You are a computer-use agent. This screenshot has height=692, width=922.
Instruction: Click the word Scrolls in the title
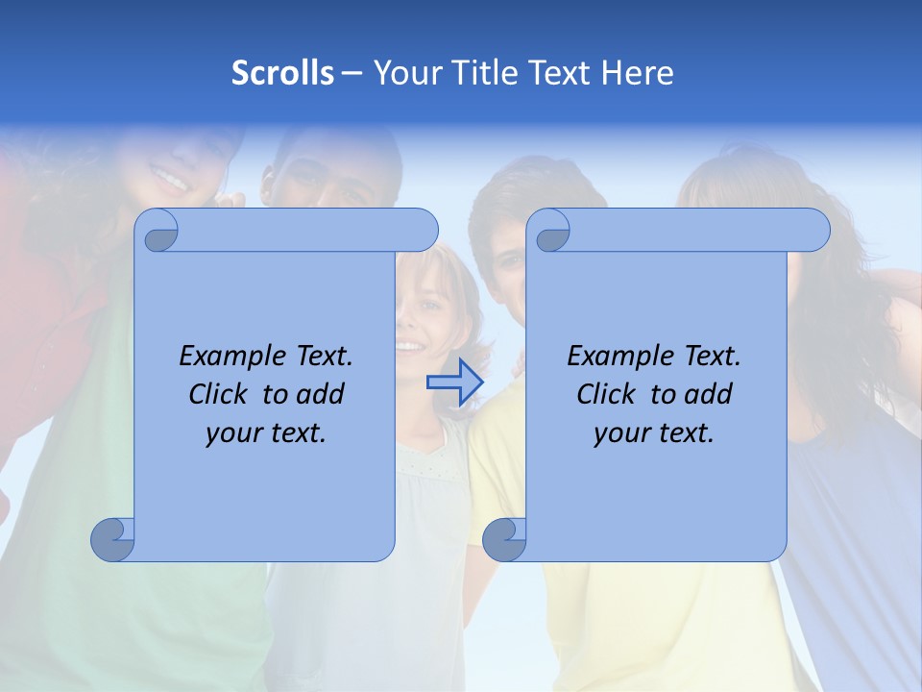(282, 73)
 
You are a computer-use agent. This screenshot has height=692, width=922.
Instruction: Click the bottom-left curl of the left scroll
(113, 540)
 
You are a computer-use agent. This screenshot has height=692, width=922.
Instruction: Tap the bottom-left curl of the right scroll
(504, 540)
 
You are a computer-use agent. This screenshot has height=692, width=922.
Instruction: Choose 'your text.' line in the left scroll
(266, 432)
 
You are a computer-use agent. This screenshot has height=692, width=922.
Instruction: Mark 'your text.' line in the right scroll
(654, 432)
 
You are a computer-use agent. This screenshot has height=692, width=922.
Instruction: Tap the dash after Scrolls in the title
(352, 73)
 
